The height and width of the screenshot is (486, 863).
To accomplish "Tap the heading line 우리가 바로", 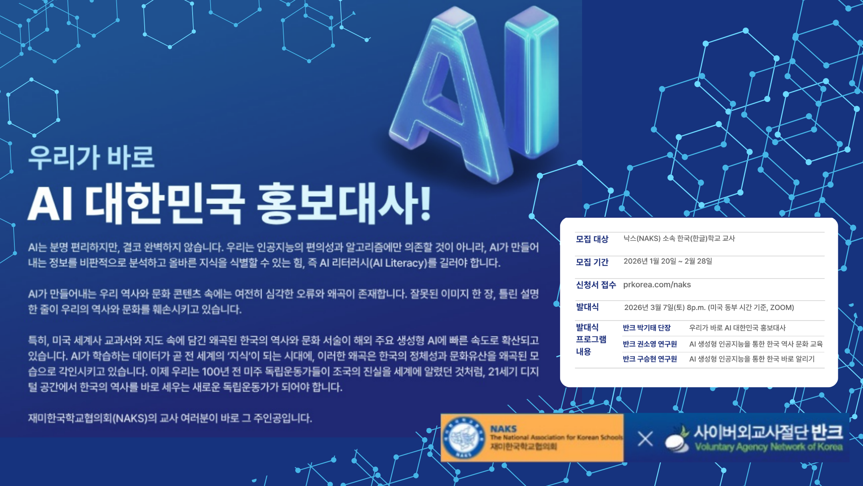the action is [91, 157].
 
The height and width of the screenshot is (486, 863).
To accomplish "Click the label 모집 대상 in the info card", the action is [592, 239].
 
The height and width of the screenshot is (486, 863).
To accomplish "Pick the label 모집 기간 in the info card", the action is [592, 262].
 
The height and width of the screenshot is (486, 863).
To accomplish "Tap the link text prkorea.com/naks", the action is [657, 285].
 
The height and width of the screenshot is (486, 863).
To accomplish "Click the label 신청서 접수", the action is [596, 285].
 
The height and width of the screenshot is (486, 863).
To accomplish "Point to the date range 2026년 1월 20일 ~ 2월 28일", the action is [668, 261].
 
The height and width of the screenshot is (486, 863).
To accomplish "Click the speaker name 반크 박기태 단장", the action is [646, 328].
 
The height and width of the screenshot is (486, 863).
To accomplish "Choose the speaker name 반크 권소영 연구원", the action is [650, 344].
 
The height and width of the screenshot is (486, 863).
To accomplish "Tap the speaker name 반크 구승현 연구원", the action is [650, 359].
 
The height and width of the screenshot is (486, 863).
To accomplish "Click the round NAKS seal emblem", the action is [463, 438].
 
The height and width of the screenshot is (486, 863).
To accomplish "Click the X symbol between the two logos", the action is [645, 439].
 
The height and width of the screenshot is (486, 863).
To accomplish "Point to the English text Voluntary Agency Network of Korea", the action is [769, 447].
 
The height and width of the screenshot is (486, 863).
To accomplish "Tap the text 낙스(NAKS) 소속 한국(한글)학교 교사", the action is [679, 238].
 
